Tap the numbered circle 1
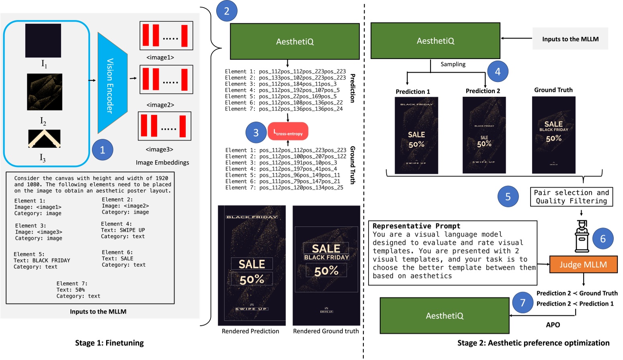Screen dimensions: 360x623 pyautogui.click(x=102, y=150)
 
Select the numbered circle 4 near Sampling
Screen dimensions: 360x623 pyautogui.click(x=498, y=71)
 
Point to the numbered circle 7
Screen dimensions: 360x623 pyautogui.click(x=523, y=303)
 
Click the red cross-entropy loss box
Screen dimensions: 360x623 pyautogui.click(x=288, y=131)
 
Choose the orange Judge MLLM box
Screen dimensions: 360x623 pyautogui.click(x=583, y=264)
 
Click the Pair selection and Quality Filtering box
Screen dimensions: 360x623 pyautogui.click(x=571, y=197)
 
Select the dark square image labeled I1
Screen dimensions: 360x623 pyautogui.click(x=43, y=41)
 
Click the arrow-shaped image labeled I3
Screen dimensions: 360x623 pyautogui.click(x=44, y=138)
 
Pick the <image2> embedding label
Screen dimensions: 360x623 pyautogui.click(x=160, y=105)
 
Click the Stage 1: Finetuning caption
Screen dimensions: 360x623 pyautogui.click(x=109, y=343)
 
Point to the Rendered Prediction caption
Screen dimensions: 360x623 pyautogui.click(x=250, y=331)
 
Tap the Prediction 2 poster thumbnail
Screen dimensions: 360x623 pyautogui.click(x=484, y=135)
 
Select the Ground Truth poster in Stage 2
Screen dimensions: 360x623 pyautogui.click(x=553, y=135)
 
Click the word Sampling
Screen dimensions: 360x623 pyautogui.click(x=453, y=64)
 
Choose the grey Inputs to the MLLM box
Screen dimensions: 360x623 pyautogui.click(x=570, y=39)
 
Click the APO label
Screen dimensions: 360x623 pyautogui.click(x=553, y=325)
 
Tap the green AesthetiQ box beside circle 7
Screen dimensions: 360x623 pyautogui.click(x=445, y=316)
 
